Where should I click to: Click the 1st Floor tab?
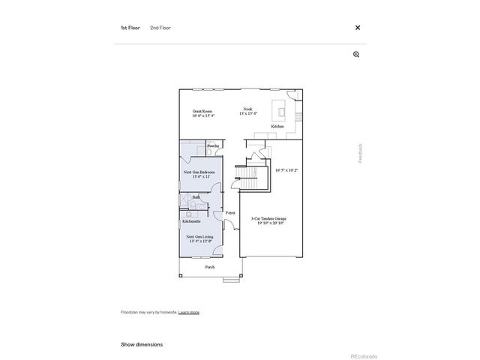(130, 28)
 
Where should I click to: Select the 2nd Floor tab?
(160, 28)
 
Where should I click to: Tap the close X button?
(358, 28)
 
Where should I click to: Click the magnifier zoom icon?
(356, 54)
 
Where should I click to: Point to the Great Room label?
(202, 111)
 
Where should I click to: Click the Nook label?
(247, 109)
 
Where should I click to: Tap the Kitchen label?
(277, 127)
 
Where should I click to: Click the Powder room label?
(213, 145)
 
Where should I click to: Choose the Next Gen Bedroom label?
(199, 172)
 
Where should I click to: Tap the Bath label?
(196, 197)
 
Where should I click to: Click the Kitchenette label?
(191, 221)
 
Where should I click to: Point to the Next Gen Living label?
(199, 237)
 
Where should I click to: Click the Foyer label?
(230, 213)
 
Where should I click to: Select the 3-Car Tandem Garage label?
(271, 219)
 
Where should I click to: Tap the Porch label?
(210, 267)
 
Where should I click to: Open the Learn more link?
(189, 312)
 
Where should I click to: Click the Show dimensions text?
(142, 344)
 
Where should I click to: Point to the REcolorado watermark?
(364, 355)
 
